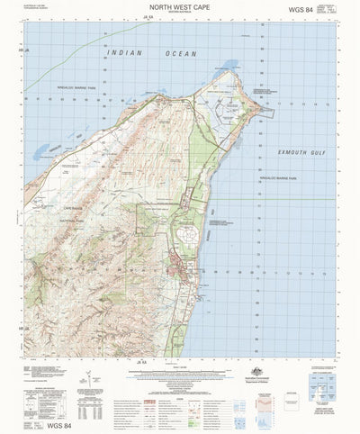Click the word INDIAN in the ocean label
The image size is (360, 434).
(124, 55)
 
